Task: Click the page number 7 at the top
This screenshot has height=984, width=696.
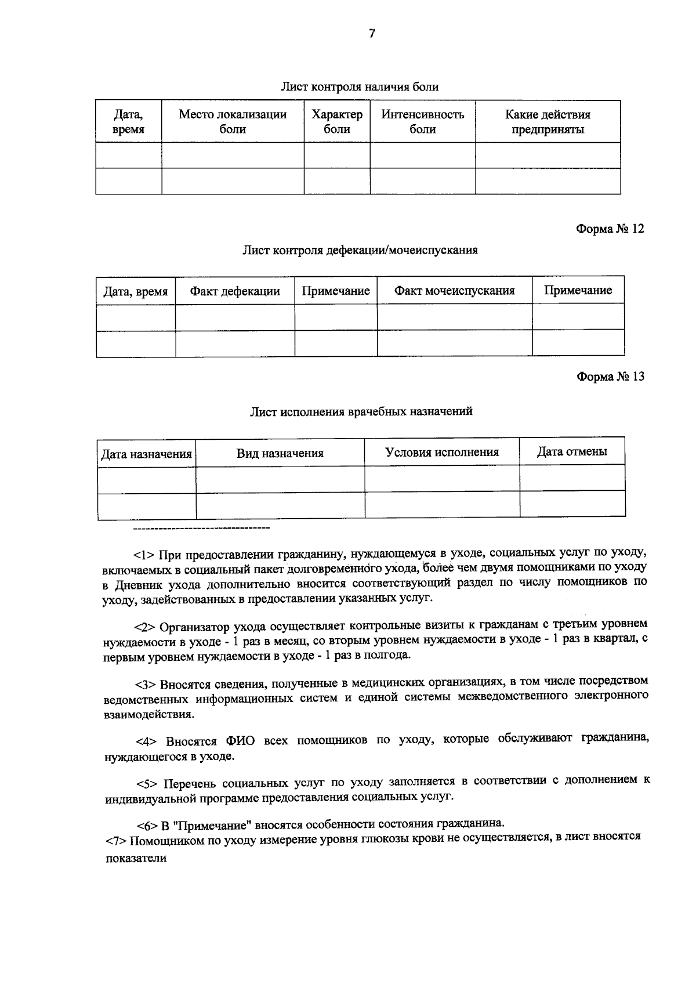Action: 372,34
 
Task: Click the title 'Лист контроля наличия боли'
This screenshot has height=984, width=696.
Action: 360,87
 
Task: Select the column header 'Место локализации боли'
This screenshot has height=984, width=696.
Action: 233,122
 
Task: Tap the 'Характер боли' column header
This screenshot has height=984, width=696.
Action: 337,122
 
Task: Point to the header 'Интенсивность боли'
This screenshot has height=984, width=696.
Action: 422,122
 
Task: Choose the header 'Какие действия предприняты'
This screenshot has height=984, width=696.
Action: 548,122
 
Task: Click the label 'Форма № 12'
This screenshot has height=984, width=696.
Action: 610,229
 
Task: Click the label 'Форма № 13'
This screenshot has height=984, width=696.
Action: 610,377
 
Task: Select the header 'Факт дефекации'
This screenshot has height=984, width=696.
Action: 235,291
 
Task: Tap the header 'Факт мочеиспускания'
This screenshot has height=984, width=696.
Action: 454,291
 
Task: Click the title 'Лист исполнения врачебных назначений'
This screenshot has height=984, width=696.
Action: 361,411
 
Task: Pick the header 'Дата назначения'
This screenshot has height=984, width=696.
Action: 146,454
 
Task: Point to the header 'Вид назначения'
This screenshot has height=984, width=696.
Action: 280,453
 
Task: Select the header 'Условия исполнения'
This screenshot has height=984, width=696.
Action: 442,452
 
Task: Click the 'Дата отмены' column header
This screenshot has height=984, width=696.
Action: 572,451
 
